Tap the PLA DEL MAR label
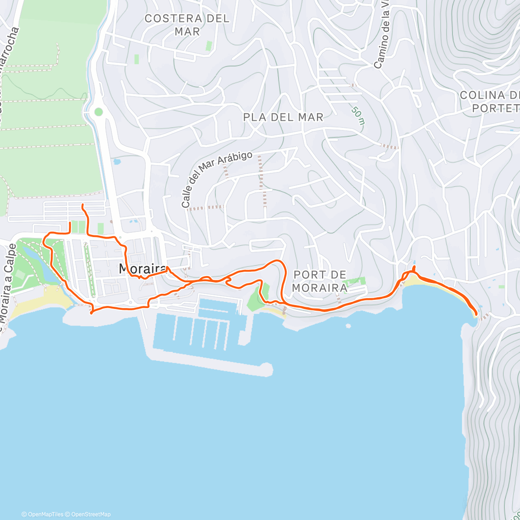(x=283, y=117)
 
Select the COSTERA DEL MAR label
(x=187, y=25)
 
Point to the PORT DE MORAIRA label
(x=320, y=281)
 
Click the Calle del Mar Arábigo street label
(x=216, y=179)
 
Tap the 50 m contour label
(x=358, y=116)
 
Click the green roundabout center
(x=98, y=112)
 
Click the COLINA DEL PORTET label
(x=490, y=101)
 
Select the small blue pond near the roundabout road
(x=117, y=162)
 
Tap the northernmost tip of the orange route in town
(x=83, y=204)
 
